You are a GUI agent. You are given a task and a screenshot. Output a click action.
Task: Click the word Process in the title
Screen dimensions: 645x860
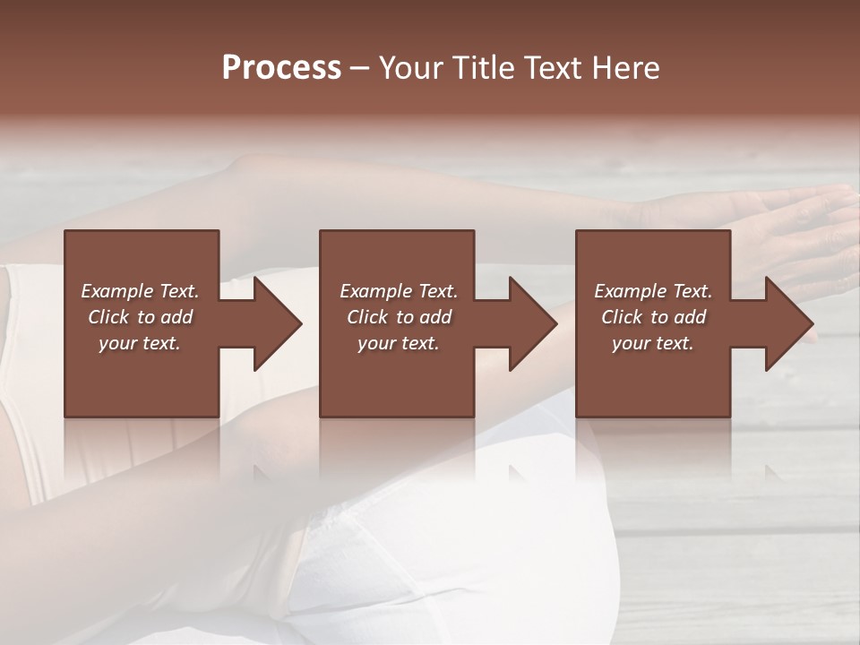pos(281,68)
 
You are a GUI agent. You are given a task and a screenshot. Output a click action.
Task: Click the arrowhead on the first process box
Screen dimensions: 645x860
pos(274,323)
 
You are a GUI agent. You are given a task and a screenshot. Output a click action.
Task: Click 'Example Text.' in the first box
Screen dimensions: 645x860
pos(140,291)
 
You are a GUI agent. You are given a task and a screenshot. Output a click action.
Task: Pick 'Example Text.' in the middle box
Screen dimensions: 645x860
pos(399,291)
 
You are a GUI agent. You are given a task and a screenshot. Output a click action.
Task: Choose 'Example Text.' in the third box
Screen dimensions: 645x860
pos(653,291)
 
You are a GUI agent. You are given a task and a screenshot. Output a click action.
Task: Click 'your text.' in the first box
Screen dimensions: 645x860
pos(140,343)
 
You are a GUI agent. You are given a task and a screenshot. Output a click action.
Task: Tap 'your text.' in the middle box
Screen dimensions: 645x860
pos(399,343)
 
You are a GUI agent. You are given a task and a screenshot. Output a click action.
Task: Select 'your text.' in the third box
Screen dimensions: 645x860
pos(653,343)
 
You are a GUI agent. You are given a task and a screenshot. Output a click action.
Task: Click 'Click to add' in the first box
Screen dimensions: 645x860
pos(140,317)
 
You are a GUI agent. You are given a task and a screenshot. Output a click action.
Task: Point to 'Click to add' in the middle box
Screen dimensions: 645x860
pos(399,317)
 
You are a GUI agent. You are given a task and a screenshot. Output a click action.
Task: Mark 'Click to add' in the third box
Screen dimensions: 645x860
pos(653,317)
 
